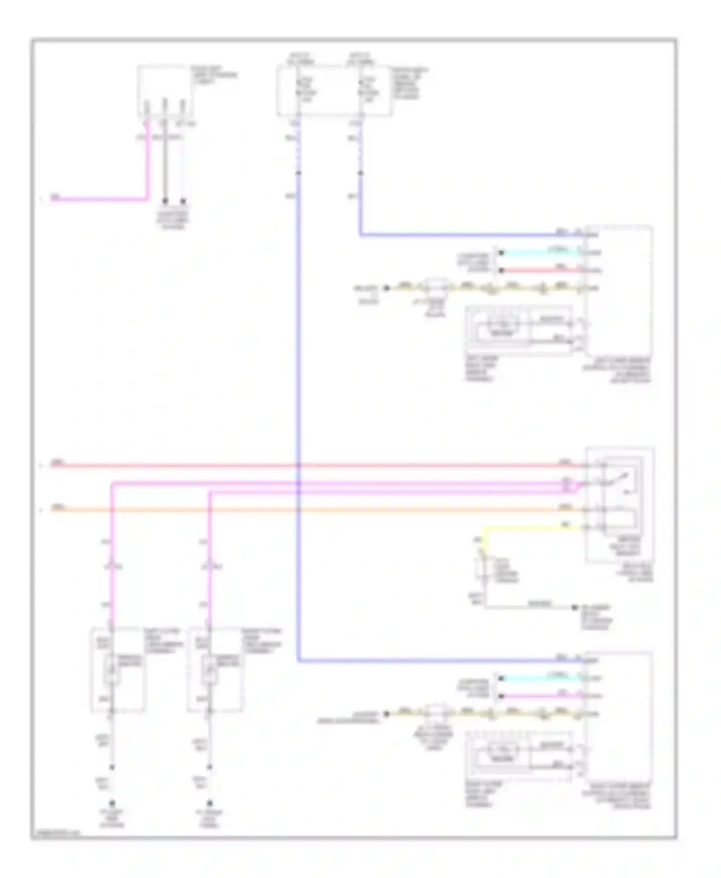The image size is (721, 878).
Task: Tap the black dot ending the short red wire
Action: pos(501,270)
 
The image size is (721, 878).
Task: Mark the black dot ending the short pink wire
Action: pos(501,696)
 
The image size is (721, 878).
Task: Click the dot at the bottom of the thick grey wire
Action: pos(165,201)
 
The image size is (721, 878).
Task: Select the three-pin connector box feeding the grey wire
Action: pos(165,91)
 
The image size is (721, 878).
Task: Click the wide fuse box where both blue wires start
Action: pos(334,91)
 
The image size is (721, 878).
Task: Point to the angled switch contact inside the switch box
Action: pos(618,478)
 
